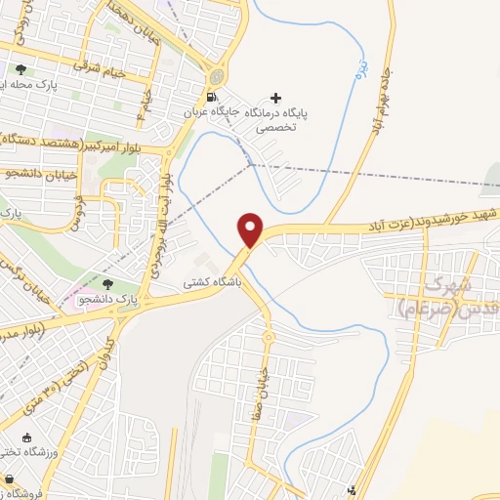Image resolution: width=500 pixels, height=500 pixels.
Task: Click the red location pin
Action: point(251,229)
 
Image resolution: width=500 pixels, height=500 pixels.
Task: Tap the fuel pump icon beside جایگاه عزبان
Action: point(212,97)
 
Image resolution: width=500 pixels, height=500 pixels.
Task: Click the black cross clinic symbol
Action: point(276,98)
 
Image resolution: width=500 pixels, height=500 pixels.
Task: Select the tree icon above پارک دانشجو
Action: point(108,282)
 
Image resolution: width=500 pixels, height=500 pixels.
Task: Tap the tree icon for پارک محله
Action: point(21,69)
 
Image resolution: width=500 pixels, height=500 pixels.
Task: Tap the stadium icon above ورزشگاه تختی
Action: point(25,437)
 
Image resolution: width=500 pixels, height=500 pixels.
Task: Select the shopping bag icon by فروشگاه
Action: point(9,480)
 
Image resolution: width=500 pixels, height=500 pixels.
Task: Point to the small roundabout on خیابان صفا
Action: point(267,337)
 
